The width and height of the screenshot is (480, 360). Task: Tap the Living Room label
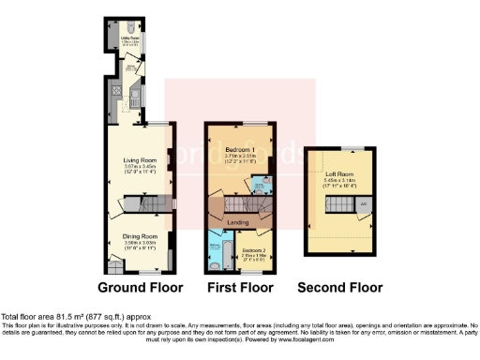[139, 159]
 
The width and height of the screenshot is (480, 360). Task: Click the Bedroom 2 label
[253, 251]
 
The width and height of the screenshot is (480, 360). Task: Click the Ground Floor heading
[139, 287]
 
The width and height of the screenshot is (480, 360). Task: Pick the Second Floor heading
[340, 287]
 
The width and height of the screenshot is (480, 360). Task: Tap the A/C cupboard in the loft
[363, 203]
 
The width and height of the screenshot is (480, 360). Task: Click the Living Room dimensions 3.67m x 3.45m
[139, 166]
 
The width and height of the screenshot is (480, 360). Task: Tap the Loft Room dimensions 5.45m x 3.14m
[337, 182]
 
